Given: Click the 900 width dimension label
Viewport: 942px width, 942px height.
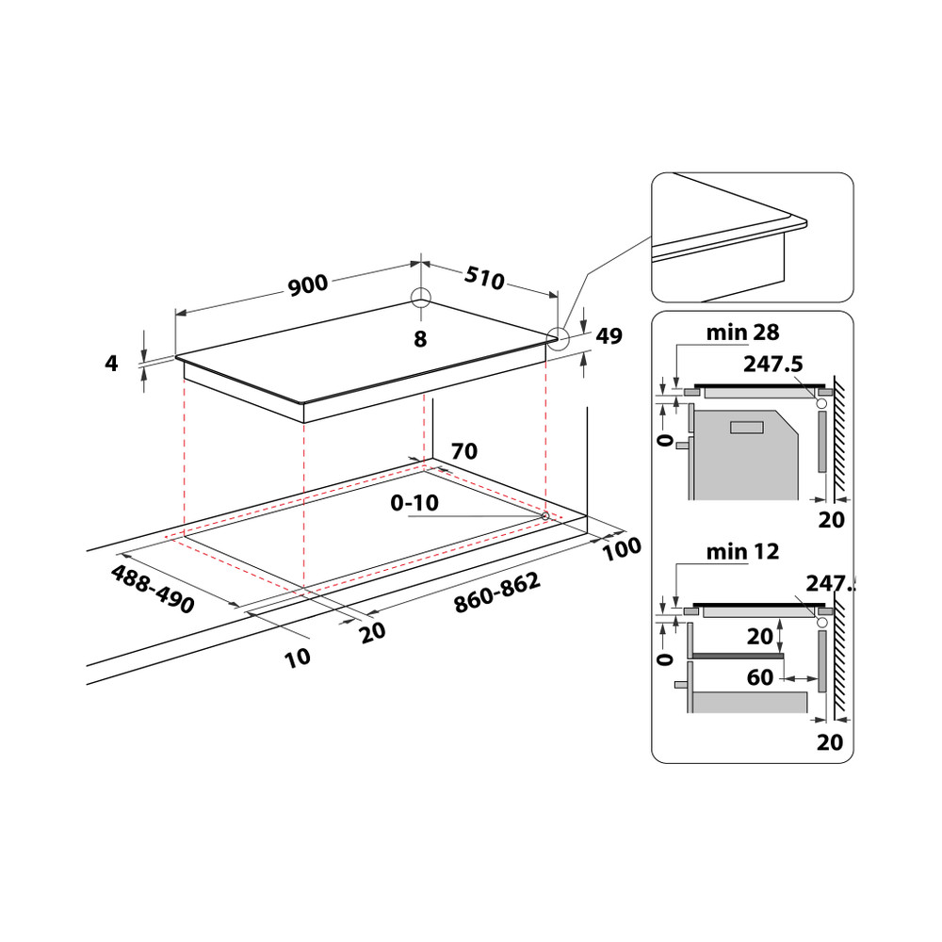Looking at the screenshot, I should click(x=307, y=285).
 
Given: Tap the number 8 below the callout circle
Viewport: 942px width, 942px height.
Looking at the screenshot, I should click(x=420, y=338).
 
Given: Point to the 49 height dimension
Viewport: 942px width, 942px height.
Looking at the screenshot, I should click(x=609, y=336).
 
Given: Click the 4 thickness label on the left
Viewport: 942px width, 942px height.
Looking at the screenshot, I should click(x=111, y=363).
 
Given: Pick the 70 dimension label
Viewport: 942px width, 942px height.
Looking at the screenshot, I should click(x=463, y=451).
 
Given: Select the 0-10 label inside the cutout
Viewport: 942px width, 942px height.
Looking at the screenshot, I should click(x=414, y=503).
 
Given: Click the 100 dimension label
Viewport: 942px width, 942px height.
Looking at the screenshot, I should click(x=622, y=548).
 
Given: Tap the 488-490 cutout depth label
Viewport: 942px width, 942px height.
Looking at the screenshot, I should click(x=153, y=590).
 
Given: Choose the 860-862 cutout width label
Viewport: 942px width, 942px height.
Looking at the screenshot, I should click(x=496, y=593).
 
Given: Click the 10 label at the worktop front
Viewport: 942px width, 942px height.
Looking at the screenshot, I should click(x=298, y=657).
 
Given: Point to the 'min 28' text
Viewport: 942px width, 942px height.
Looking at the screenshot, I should click(x=741, y=332).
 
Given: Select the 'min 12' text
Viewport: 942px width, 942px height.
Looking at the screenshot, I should click(x=743, y=552).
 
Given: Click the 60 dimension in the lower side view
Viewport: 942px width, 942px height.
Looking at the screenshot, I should click(x=761, y=677).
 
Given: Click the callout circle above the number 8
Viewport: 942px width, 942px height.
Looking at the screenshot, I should click(x=420, y=298).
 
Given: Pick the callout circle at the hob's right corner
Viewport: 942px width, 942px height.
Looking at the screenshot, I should click(x=559, y=338).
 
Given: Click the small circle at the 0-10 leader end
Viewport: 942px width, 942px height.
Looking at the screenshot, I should click(x=545, y=515).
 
